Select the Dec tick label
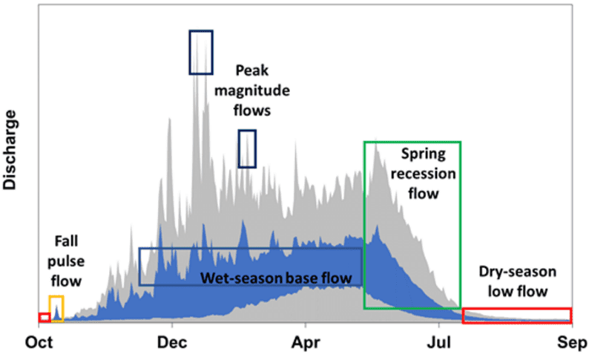point(171,343)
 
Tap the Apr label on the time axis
point(305,343)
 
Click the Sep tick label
point(572,343)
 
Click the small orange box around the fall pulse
point(56,308)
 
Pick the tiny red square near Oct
point(45,318)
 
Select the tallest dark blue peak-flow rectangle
point(201,53)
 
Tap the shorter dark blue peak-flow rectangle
point(247,148)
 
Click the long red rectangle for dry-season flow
point(517,315)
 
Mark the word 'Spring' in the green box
point(423,154)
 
